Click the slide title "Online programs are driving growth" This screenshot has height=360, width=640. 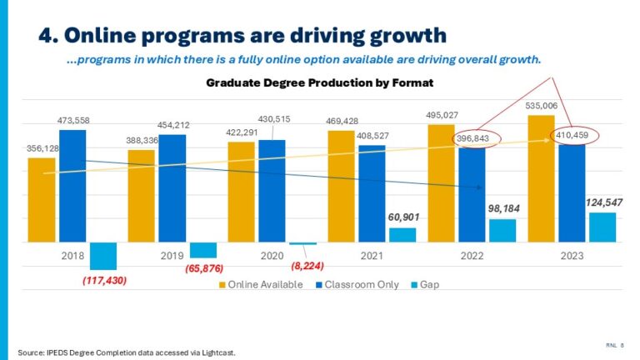click(x=242, y=35)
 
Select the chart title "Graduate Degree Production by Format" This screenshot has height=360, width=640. click(x=320, y=83)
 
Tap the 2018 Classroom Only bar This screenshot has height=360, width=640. click(x=72, y=185)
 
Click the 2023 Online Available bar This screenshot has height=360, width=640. click(x=540, y=178)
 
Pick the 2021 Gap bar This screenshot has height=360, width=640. click(x=402, y=235)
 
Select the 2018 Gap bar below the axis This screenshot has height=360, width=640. click(x=103, y=255)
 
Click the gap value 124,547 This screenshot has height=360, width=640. click(x=602, y=202)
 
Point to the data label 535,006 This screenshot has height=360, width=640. click(x=541, y=107)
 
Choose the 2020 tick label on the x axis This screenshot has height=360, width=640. click(x=271, y=256)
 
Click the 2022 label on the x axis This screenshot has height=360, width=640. click(x=471, y=256)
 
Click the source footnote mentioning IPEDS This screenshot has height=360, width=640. click(x=127, y=352)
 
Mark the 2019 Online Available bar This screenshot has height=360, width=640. click(x=142, y=196)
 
